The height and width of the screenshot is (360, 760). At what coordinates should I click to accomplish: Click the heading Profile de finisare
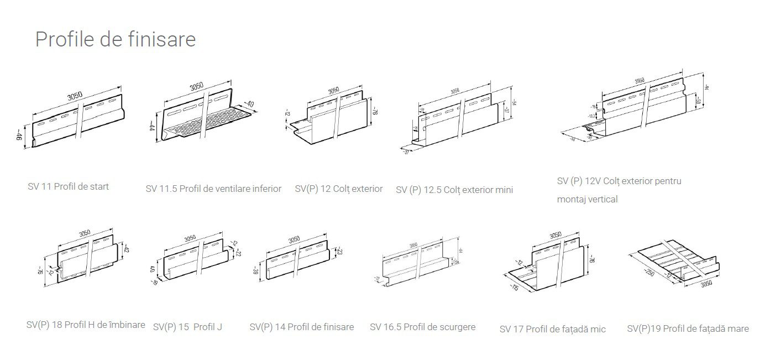pos(115,40)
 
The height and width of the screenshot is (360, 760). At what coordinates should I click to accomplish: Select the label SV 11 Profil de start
pos(68,186)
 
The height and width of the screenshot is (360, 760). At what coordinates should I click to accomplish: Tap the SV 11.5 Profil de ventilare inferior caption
pos(213,189)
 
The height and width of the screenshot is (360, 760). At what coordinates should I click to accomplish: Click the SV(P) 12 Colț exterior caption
pos(338,189)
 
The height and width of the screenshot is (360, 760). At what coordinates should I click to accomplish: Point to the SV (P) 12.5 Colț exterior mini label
pos(454,190)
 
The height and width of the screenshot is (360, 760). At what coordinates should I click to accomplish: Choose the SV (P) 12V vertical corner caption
pos(619,190)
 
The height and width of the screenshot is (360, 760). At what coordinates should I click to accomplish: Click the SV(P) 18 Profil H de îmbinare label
pos(86,325)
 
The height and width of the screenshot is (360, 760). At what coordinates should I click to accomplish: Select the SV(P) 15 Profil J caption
pos(187,327)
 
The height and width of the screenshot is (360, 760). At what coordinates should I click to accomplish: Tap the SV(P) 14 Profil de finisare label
pos(301,327)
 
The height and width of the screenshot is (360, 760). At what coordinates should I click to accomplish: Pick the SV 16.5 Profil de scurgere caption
pos(422,327)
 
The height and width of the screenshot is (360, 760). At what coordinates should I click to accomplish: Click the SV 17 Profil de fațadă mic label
pos(552,329)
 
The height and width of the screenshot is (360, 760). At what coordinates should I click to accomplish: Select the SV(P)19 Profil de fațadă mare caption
pos(688,329)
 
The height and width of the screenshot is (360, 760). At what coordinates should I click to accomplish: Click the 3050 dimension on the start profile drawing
pos(75,96)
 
